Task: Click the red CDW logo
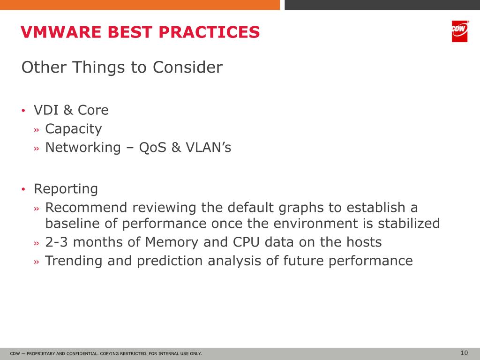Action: (459, 31)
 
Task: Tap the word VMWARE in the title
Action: (61, 32)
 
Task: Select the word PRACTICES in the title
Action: (209, 32)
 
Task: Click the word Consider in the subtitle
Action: (187, 67)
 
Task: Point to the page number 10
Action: (464, 352)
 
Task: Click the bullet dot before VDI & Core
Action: (23, 111)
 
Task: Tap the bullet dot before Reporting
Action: (23, 189)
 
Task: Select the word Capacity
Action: (74, 129)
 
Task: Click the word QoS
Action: (152, 147)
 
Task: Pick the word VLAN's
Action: (209, 147)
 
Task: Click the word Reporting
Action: (66, 189)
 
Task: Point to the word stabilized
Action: (409, 223)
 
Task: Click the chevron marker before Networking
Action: (37, 149)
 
